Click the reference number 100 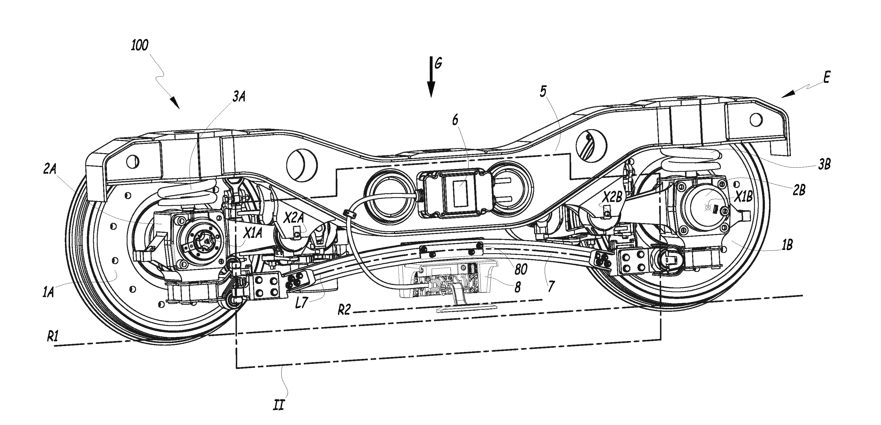click(140, 45)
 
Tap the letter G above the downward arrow click(438, 63)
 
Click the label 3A click(239, 97)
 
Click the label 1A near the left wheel click(48, 293)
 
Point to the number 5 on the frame click(543, 91)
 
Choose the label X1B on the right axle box click(743, 197)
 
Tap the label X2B click(613, 197)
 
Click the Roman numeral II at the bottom click(279, 405)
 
